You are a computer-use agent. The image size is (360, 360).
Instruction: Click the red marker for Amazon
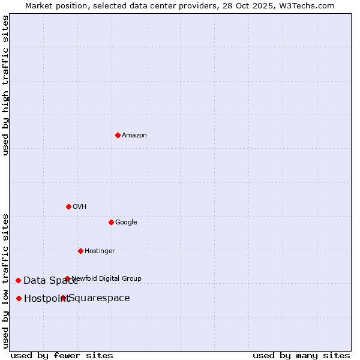tap(118, 135)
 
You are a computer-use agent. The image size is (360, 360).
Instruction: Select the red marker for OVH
tap(68, 206)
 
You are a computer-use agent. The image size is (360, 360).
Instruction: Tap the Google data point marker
tap(111, 222)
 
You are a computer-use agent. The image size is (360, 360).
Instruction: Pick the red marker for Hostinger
tap(80, 251)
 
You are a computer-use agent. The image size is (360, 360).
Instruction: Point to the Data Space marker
tap(18, 280)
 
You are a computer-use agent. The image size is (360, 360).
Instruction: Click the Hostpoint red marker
tap(19, 298)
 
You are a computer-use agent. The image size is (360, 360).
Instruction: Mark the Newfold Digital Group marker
tap(67, 278)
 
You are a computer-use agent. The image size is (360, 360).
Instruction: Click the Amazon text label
tap(134, 136)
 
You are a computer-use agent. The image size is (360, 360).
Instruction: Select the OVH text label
tap(80, 207)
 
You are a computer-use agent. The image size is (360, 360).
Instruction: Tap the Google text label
tap(126, 223)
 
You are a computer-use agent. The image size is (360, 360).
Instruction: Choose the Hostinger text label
tap(100, 251)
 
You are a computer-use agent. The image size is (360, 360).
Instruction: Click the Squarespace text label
tap(100, 298)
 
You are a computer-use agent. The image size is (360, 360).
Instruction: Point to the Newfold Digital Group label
tap(107, 278)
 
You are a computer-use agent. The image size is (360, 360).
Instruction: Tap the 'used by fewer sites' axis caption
tap(62, 355)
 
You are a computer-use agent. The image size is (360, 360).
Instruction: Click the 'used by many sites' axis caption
tap(301, 355)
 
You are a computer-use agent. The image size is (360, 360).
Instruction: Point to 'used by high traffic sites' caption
tap(5, 85)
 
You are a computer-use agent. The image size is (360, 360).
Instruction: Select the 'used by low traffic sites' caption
tap(5, 280)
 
